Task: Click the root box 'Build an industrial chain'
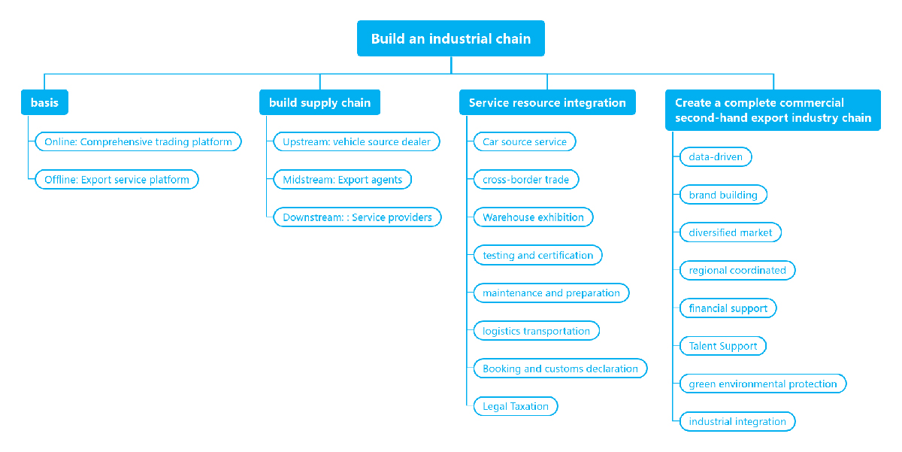pyautogui.click(x=450, y=38)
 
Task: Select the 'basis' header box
pyautogui.click(x=44, y=102)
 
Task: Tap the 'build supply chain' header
pyautogui.click(x=319, y=102)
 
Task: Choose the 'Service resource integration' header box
pyautogui.click(x=547, y=102)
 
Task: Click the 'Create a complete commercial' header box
pyautogui.click(x=773, y=110)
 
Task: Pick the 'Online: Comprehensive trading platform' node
pyautogui.click(x=138, y=142)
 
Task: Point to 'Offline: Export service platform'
pyautogui.click(x=117, y=180)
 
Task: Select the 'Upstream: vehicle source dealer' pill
pyautogui.click(x=356, y=142)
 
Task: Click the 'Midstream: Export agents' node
pyautogui.click(x=342, y=180)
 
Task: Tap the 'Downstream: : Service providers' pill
pyautogui.click(x=357, y=217)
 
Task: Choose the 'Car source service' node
pyautogui.click(x=525, y=142)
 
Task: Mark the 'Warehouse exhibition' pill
pyautogui.click(x=533, y=217)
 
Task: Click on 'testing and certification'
pyautogui.click(x=537, y=256)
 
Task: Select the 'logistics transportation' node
pyautogui.click(x=537, y=331)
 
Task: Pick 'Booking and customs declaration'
pyautogui.click(x=560, y=369)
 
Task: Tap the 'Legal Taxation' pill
pyautogui.click(x=516, y=406)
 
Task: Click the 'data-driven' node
pyautogui.click(x=716, y=157)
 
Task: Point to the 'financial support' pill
pyautogui.click(x=728, y=308)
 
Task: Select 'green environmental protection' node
pyautogui.click(x=763, y=384)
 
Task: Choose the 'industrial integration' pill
pyautogui.click(x=737, y=422)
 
